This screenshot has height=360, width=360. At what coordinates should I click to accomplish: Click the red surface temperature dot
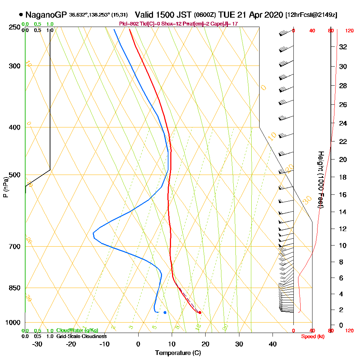click(x=200, y=312)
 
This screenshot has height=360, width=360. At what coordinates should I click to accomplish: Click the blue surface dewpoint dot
click(x=165, y=312)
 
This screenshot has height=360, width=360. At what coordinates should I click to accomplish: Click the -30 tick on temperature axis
click(x=37, y=344)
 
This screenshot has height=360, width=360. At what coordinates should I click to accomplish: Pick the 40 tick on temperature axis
click(x=273, y=344)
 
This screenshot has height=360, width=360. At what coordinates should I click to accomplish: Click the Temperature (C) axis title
click(x=178, y=353)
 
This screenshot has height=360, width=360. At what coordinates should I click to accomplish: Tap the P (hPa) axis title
click(x=5, y=187)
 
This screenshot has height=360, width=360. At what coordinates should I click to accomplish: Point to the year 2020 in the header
click(x=273, y=15)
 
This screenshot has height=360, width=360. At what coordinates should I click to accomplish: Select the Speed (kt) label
click(x=312, y=336)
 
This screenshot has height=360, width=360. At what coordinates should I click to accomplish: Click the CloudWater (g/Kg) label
click(x=77, y=330)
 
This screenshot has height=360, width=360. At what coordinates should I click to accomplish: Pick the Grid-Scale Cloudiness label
click(x=81, y=336)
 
